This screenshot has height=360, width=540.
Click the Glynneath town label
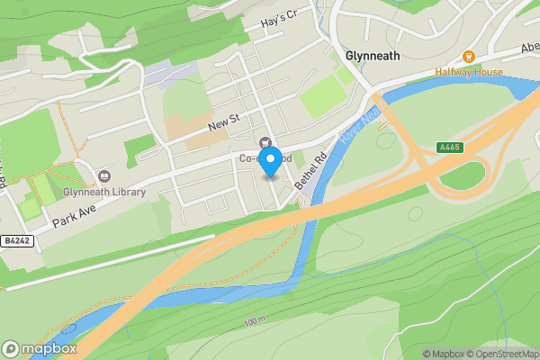click(372, 55)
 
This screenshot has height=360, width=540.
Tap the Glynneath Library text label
click(104, 192)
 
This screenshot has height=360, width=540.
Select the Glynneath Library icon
click(103, 175)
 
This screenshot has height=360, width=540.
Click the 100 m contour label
click(255, 321)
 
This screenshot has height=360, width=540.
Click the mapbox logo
click(40, 348)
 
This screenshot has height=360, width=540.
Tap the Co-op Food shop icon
click(265, 141)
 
